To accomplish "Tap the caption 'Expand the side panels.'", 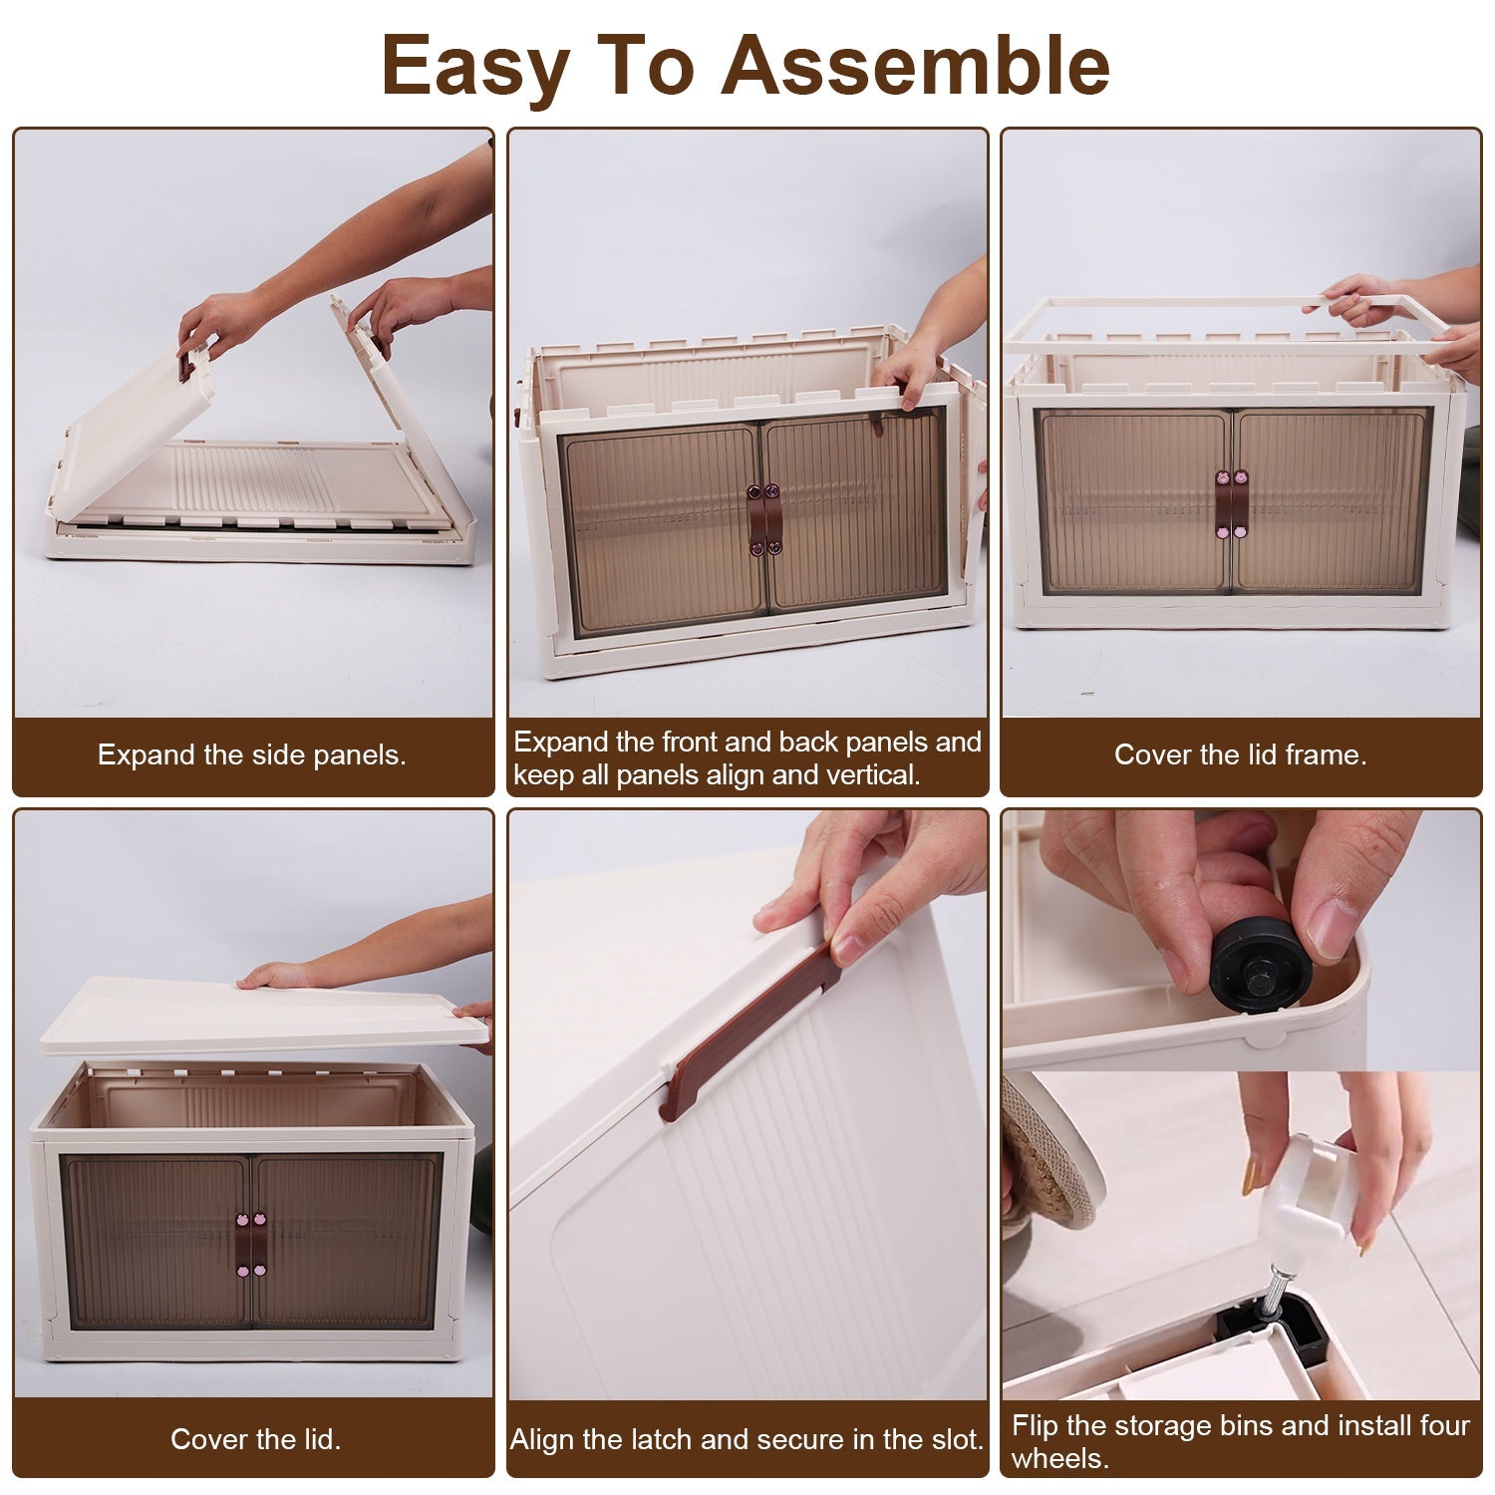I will click(252, 754).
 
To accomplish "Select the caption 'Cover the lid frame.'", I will click(1240, 754).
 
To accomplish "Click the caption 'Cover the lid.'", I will click(255, 1439).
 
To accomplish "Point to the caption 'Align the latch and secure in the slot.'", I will click(747, 1439).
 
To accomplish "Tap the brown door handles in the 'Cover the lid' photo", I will click(249, 1245).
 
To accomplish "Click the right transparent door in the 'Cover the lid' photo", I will click(344, 1241).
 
